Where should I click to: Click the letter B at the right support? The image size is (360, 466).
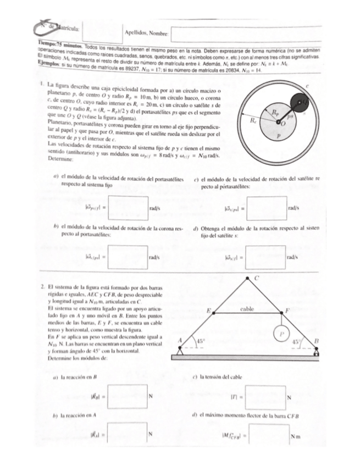pos(316,341)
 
